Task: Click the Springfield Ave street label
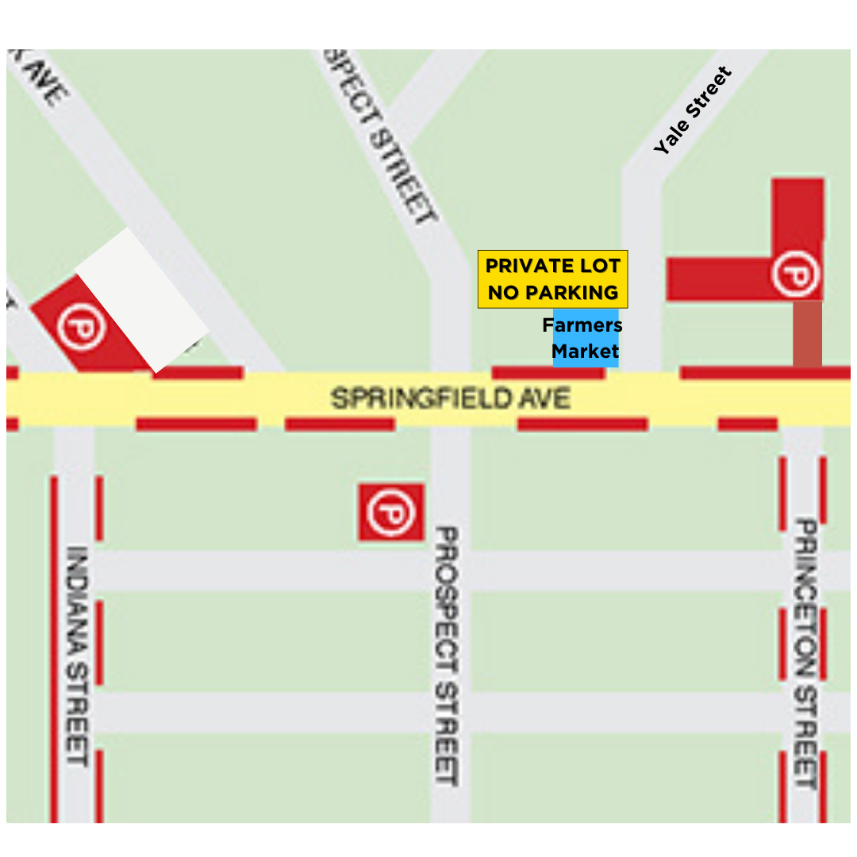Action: click(450, 398)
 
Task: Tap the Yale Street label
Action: click(692, 111)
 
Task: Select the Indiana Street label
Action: click(77, 655)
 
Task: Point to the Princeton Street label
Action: click(805, 654)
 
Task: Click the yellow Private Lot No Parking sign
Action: click(552, 279)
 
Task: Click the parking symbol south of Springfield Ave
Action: click(390, 512)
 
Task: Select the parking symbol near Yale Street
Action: click(796, 275)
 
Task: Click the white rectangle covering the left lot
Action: click(143, 300)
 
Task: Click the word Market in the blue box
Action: click(586, 352)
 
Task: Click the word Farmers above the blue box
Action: click(582, 325)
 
